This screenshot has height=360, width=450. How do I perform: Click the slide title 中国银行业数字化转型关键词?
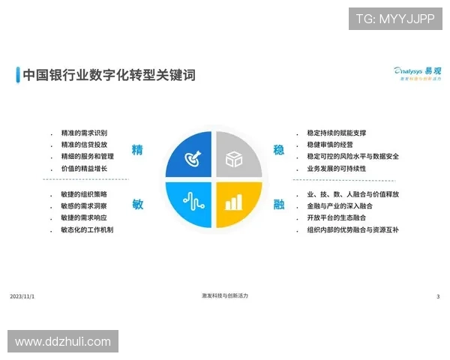109,75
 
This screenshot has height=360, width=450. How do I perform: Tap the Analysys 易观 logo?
418,72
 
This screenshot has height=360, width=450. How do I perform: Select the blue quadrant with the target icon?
190,156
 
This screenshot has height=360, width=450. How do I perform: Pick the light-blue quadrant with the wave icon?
190,202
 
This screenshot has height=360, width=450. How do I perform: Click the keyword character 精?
137,150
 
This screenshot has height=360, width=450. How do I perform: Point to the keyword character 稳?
279,150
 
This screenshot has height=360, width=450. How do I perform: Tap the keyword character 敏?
137,205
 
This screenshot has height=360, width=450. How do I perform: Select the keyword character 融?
279,205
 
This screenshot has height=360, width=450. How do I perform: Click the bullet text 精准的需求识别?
84,133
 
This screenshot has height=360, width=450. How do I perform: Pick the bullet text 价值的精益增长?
84,169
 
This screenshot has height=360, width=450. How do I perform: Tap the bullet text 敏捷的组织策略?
84,194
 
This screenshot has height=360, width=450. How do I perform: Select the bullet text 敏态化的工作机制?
87,229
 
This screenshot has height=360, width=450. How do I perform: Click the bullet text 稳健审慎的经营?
330,145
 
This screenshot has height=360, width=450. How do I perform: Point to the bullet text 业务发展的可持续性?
336,169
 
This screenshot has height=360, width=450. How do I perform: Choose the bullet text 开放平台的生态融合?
336,217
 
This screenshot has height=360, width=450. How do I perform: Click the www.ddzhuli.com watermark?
63,342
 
